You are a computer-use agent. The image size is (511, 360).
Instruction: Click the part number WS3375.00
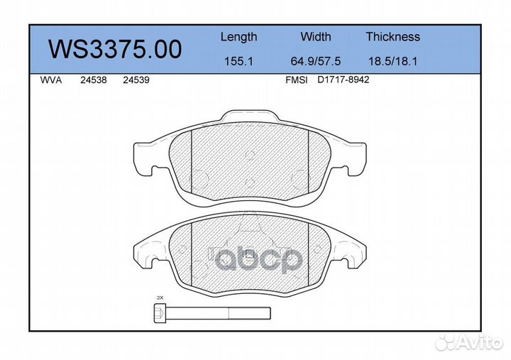115,49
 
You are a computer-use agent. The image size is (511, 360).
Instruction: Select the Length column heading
239,37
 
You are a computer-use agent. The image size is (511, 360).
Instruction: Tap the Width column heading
315,36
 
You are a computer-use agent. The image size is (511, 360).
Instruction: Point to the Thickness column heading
392,36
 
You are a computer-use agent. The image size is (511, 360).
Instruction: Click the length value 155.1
238,61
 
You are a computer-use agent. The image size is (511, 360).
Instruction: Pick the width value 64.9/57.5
315,61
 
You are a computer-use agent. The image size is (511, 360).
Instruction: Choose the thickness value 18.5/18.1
392,61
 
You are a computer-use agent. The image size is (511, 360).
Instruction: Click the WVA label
51,80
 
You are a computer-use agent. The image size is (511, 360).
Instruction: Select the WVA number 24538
94,80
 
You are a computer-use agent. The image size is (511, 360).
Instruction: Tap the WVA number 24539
136,80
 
